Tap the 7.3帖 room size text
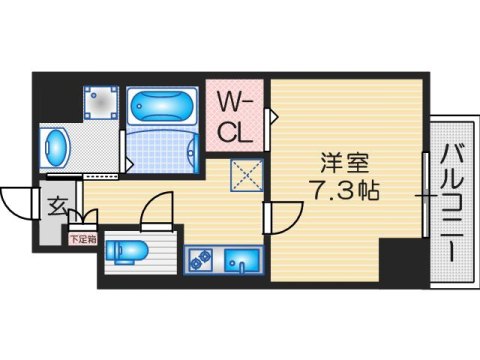[342, 190]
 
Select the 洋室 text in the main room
[340, 160]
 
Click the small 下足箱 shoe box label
[82, 239]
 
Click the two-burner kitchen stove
[196, 260]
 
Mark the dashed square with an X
[245, 176]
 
